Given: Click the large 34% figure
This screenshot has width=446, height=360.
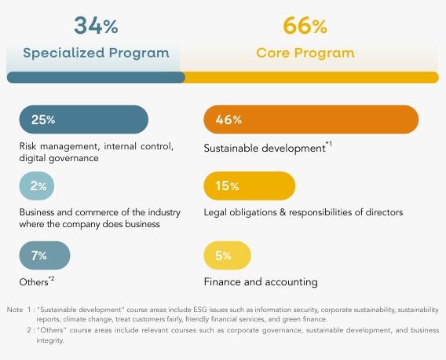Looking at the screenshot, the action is coord(96,25).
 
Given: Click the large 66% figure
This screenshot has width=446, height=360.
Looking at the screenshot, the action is coord(305,26).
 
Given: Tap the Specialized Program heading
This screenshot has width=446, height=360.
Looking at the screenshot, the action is coord(96,53).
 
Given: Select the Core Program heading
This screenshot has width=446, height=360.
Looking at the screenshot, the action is coord(305,53).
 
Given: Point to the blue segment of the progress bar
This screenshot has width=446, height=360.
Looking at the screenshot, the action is coord(96,78).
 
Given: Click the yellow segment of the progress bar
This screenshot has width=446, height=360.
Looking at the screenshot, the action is coord(312,78).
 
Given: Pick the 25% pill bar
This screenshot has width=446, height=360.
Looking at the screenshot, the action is coord(83,119).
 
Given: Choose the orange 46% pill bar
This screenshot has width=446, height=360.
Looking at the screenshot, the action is coord(311,119).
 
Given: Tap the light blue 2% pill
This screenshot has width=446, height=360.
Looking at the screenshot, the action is coord(37,186).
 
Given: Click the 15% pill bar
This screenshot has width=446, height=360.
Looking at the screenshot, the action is coord(250,186).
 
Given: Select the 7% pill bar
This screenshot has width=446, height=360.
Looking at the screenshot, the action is coord(45,255).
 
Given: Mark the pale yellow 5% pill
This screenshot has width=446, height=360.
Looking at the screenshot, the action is coord(227,255).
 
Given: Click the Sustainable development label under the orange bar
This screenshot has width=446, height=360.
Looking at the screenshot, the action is coord(265,149).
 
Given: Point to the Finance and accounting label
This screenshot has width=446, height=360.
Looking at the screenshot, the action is coord(261,282).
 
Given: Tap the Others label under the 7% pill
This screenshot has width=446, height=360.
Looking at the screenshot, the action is coord(34,282).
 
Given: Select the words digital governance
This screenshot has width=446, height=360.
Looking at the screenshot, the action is coord(59,158).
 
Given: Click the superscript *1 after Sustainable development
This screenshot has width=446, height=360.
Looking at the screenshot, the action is coord(329,144).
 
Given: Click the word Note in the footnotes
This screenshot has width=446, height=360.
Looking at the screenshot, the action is coord(15,310).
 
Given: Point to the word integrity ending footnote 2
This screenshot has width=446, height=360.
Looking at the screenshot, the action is coord(50,340).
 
